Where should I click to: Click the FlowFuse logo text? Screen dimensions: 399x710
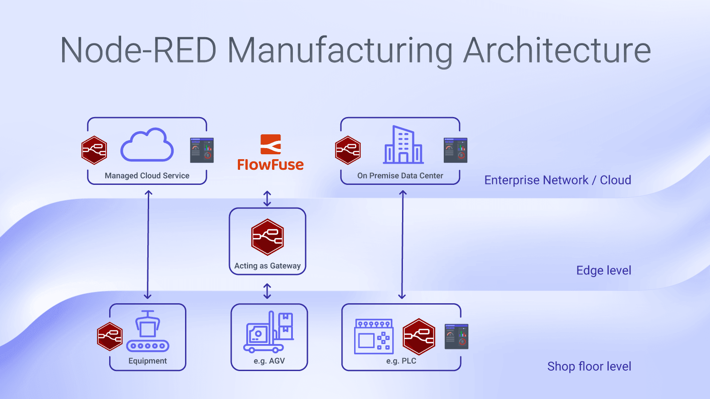(x=270, y=165)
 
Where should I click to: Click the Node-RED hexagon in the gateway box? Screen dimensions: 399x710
(x=267, y=237)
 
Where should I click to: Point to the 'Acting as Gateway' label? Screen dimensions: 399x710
(x=268, y=266)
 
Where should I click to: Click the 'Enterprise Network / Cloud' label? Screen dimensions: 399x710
(x=557, y=180)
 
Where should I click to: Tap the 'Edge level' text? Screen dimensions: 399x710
(x=603, y=270)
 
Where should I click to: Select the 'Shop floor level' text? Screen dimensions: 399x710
(x=589, y=367)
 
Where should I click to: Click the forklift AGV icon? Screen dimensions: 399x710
(x=268, y=332)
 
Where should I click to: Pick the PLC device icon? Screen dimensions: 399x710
(x=374, y=336)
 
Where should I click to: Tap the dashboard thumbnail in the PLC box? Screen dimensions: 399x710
(x=456, y=336)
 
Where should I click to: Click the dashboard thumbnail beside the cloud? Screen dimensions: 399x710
(x=202, y=150)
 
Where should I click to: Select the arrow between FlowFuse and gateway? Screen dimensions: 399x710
(x=267, y=198)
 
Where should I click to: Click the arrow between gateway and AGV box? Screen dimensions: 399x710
(x=267, y=291)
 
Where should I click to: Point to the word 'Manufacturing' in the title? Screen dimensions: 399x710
(x=340, y=50)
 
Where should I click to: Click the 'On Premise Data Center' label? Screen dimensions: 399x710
(x=400, y=176)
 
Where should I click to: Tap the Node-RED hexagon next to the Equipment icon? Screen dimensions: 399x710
(x=110, y=336)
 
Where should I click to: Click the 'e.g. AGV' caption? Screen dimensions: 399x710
(x=269, y=361)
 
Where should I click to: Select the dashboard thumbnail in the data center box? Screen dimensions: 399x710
(x=455, y=150)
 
